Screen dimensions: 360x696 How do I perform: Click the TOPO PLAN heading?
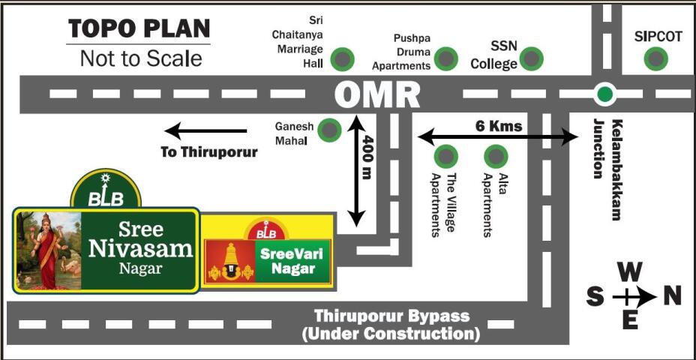point(139,28)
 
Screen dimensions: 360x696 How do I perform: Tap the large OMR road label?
point(377,94)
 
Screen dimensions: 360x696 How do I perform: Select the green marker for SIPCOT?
point(656,58)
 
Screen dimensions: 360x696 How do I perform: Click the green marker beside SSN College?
point(532,58)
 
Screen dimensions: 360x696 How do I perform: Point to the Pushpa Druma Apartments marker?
point(446,58)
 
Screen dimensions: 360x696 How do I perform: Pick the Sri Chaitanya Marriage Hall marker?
point(343,58)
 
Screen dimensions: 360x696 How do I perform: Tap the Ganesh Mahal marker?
point(328,130)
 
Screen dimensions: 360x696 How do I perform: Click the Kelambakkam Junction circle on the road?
point(604,94)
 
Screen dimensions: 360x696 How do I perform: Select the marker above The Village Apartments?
point(446,156)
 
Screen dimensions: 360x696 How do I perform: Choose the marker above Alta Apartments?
point(496,156)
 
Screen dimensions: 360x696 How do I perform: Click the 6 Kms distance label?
point(499,125)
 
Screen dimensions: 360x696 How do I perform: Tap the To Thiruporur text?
point(208,152)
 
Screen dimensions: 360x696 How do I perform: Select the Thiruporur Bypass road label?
point(391,325)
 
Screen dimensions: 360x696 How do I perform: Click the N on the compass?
point(672,297)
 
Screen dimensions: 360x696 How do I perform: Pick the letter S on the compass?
point(595,297)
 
